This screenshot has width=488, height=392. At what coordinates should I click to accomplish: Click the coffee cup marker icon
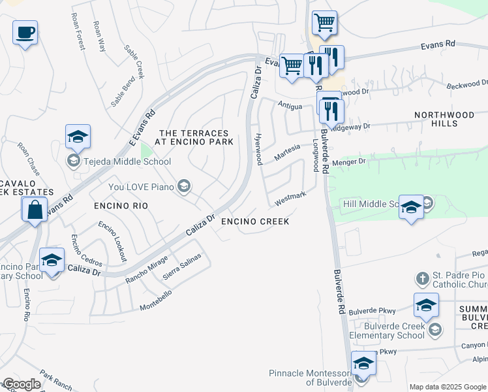[25, 32]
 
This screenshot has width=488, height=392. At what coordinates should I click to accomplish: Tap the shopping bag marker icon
[34, 210]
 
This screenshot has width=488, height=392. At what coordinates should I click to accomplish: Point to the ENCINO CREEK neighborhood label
[255, 221]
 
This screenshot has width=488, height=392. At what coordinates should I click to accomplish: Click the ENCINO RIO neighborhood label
[121, 205]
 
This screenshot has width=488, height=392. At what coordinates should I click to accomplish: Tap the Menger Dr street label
[351, 161]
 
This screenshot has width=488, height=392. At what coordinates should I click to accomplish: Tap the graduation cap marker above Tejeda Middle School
[78, 137]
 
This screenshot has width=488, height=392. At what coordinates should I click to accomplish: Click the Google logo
[22, 384]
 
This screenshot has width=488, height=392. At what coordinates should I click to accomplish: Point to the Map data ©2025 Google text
[447, 387]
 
